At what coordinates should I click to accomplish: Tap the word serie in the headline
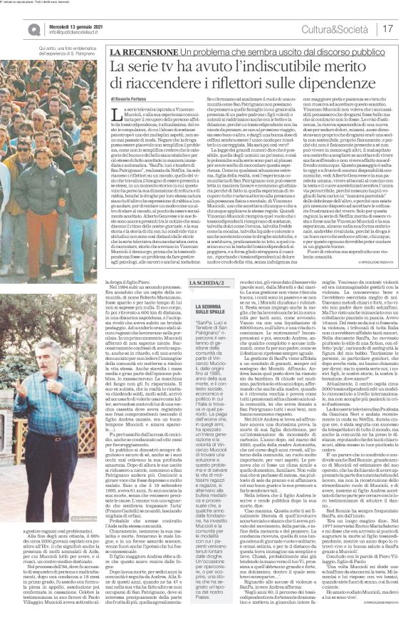click(148, 67)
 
